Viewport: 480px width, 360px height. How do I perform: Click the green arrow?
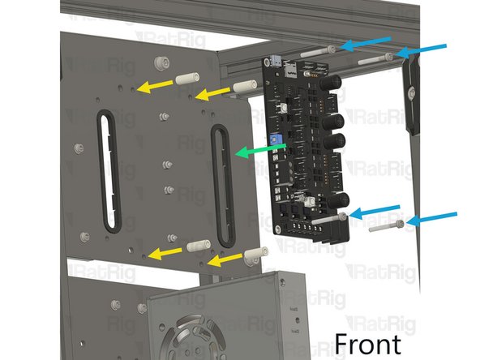point(261,150)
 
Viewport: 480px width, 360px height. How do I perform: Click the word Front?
point(367,344)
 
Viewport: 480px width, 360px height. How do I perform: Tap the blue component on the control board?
point(274,140)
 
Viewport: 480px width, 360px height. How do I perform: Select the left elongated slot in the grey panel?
point(109,171)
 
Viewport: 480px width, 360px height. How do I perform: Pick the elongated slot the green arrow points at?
point(222,185)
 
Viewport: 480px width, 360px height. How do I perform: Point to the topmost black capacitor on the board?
point(332,83)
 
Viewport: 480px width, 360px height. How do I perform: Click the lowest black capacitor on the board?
point(339,200)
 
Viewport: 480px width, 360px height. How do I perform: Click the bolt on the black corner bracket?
point(412,91)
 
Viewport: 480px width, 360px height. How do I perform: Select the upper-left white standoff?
point(187,79)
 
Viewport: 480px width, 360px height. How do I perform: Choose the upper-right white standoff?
point(245,85)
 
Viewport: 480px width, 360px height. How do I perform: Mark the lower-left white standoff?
point(199,246)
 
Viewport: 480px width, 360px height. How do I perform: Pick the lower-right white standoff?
point(255,255)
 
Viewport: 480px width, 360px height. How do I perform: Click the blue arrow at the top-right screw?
point(421,51)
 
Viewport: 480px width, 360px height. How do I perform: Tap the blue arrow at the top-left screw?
point(365,44)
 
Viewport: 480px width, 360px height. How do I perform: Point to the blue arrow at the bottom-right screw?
point(431,219)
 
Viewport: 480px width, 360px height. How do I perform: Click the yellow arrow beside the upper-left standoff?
point(155,86)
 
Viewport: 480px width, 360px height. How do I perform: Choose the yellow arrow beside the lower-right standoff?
point(225,260)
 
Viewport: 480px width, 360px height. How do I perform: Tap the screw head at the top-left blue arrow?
point(332,49)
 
